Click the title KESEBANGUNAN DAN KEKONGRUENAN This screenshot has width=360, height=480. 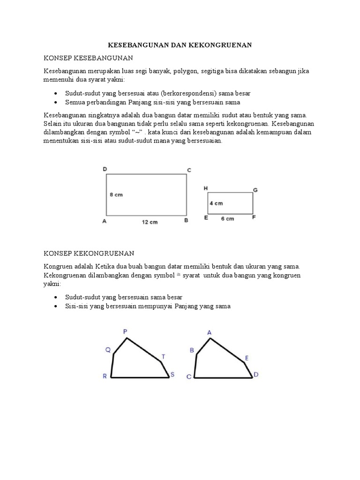(180, 45)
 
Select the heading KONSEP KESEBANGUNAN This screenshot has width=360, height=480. (89, 58)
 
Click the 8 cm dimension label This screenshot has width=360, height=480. (116, 195)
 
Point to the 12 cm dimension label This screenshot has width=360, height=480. (150, 222)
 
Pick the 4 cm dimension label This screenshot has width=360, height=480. (216, 203)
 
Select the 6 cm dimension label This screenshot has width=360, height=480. (227, 219)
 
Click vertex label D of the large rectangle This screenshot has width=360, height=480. (105, 169)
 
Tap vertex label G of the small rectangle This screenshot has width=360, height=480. (255, 190)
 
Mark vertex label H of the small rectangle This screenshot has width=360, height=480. (206, 188)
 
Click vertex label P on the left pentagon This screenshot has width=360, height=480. (125, 332)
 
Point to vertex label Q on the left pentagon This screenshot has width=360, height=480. (107, 350)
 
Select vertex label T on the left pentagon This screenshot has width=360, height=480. (163, 357)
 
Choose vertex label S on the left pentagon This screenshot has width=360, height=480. (172, 374)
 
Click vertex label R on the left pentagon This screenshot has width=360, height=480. (105, 376)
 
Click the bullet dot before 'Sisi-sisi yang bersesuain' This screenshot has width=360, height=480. (56, 306)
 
